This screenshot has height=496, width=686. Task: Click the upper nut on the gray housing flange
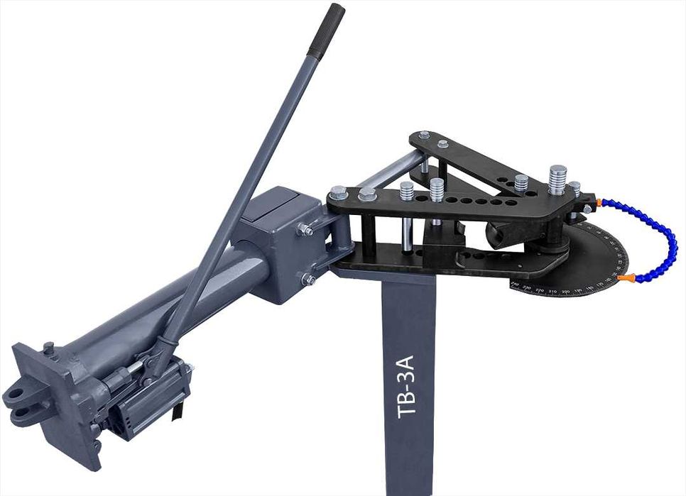(307, 229)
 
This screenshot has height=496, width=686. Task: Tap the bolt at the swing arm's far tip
(424, 136)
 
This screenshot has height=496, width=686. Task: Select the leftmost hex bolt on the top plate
(339, 192)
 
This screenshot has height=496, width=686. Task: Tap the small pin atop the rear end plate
(48, 348)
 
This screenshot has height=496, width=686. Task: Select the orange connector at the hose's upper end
(600, 203)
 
